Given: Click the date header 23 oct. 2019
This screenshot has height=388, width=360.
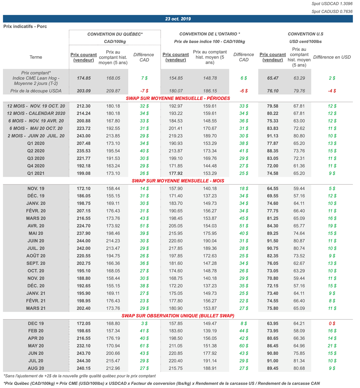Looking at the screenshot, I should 178,19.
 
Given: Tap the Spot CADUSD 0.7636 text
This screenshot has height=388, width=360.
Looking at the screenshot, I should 332,12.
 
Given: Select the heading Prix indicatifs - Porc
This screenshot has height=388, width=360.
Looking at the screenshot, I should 25,26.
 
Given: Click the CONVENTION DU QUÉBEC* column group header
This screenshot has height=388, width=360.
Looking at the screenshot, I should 115,34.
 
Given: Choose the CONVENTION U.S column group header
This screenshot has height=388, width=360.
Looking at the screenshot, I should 305,34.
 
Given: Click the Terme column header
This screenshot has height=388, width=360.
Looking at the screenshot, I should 36,57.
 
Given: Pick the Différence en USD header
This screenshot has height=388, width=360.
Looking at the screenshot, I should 332,57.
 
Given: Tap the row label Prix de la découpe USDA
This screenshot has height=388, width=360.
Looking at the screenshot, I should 36,91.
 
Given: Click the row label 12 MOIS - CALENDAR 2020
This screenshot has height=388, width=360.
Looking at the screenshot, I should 36,113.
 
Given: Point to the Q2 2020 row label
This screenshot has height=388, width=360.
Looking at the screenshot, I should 36,151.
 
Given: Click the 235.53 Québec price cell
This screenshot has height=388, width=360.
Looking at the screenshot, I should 84,151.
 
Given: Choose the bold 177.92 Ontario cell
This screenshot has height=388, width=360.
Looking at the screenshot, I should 176,173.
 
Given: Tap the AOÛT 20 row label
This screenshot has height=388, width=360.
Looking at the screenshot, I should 36,256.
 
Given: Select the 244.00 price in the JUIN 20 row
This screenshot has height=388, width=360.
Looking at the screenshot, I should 84,241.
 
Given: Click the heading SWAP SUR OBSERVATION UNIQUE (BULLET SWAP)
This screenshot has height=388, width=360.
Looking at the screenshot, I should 178,316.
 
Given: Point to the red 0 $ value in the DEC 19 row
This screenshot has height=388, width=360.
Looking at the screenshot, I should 332,323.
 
